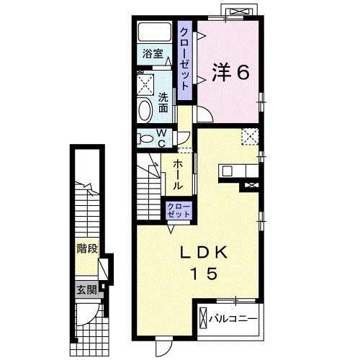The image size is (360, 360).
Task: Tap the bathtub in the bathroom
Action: tap(153, 32)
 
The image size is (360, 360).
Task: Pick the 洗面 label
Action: tap(163, 103)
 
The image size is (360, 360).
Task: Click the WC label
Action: tap(161, 137)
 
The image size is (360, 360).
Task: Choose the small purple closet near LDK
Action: tap(179, 210)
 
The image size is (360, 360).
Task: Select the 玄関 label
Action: tap(86, 290)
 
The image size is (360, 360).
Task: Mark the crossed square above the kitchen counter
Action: tap(249, 136)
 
